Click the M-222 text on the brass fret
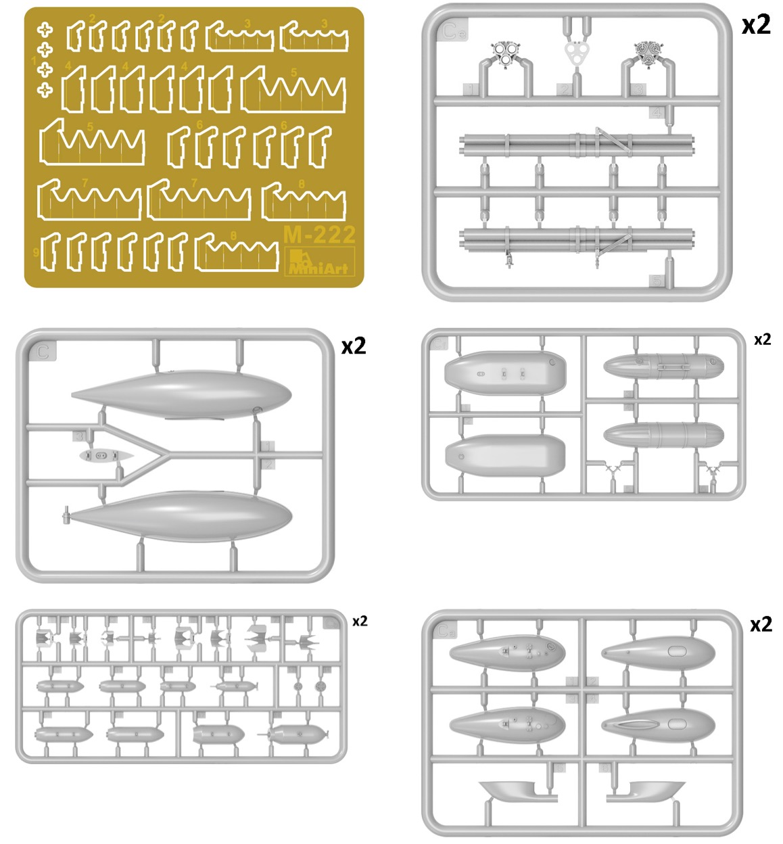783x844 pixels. tap(320, 235)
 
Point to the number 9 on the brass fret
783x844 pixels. tap(36, 253)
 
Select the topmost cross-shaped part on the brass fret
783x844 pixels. tap(45, 29)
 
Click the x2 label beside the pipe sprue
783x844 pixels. tap(755, 24)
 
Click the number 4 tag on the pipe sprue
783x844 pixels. tap(657, 112)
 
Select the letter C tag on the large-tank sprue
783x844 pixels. tap(43, 352)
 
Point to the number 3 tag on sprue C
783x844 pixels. tap(80, 436)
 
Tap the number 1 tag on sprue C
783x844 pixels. tap(268, 446)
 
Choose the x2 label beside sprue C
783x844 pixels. tap(353, 346)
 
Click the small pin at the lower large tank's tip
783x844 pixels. tap(66, 516)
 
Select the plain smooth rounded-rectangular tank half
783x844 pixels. tap(504, 454)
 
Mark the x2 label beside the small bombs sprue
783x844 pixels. tap(360, 621)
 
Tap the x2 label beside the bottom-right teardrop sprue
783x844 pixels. tap(761, 624)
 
